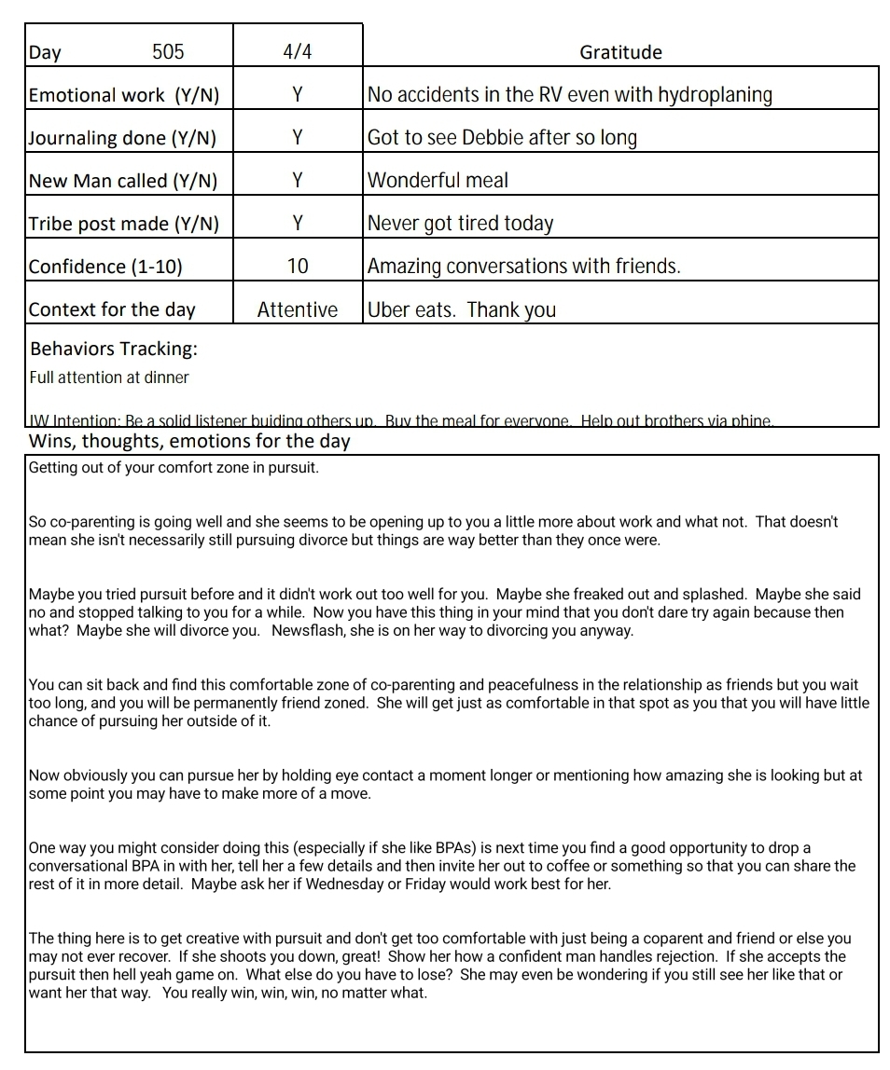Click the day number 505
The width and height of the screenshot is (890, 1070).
coord(168,52)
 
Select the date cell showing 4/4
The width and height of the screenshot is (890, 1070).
coord(297,52)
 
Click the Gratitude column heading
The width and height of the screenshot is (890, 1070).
coord(620,52)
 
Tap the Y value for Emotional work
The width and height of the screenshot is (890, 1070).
coord(297,95)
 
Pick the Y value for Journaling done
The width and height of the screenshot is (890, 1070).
coord(297,138)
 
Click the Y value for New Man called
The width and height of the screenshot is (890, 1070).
coord(297,181)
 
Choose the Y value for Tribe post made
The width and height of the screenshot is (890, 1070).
coord(297,224)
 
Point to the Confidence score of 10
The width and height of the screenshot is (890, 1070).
coord(297,267)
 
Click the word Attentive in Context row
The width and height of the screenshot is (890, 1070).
coord(298,309)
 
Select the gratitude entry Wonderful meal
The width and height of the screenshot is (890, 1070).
coord(438,181)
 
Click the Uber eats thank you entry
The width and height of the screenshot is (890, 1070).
coord(462,309)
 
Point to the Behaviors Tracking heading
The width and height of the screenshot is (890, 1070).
coord(114,350)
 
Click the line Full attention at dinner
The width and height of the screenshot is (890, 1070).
coord(109,377)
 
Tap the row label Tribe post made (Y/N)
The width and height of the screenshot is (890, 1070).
coord(124,224)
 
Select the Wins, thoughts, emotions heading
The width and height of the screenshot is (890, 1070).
coord(189,441)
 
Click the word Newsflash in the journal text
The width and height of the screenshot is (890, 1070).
coord(311,630)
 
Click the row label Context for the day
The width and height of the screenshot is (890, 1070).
coord(112,309)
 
